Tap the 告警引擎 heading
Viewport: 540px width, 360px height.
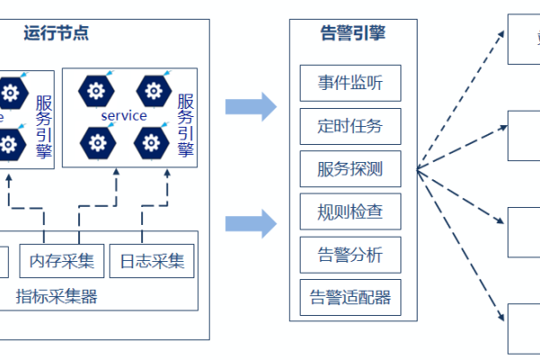coord(354,34)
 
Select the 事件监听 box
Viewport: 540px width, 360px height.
coord(350,84)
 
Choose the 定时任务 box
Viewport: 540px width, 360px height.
coord(350,126)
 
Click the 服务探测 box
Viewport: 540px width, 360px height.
coord(350,169)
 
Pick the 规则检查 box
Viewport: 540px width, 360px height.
coord(350,212)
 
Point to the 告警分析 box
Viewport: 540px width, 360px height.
coord(350,255)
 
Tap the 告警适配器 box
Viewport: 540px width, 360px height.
coord(350,297)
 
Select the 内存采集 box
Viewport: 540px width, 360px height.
coord(61,261)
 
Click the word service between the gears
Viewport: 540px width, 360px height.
coord(123,116)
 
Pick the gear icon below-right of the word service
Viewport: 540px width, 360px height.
coord(150,141)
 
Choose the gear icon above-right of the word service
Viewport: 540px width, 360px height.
coord(150,90)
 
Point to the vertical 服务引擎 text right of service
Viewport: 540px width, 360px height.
coord(185,125)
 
